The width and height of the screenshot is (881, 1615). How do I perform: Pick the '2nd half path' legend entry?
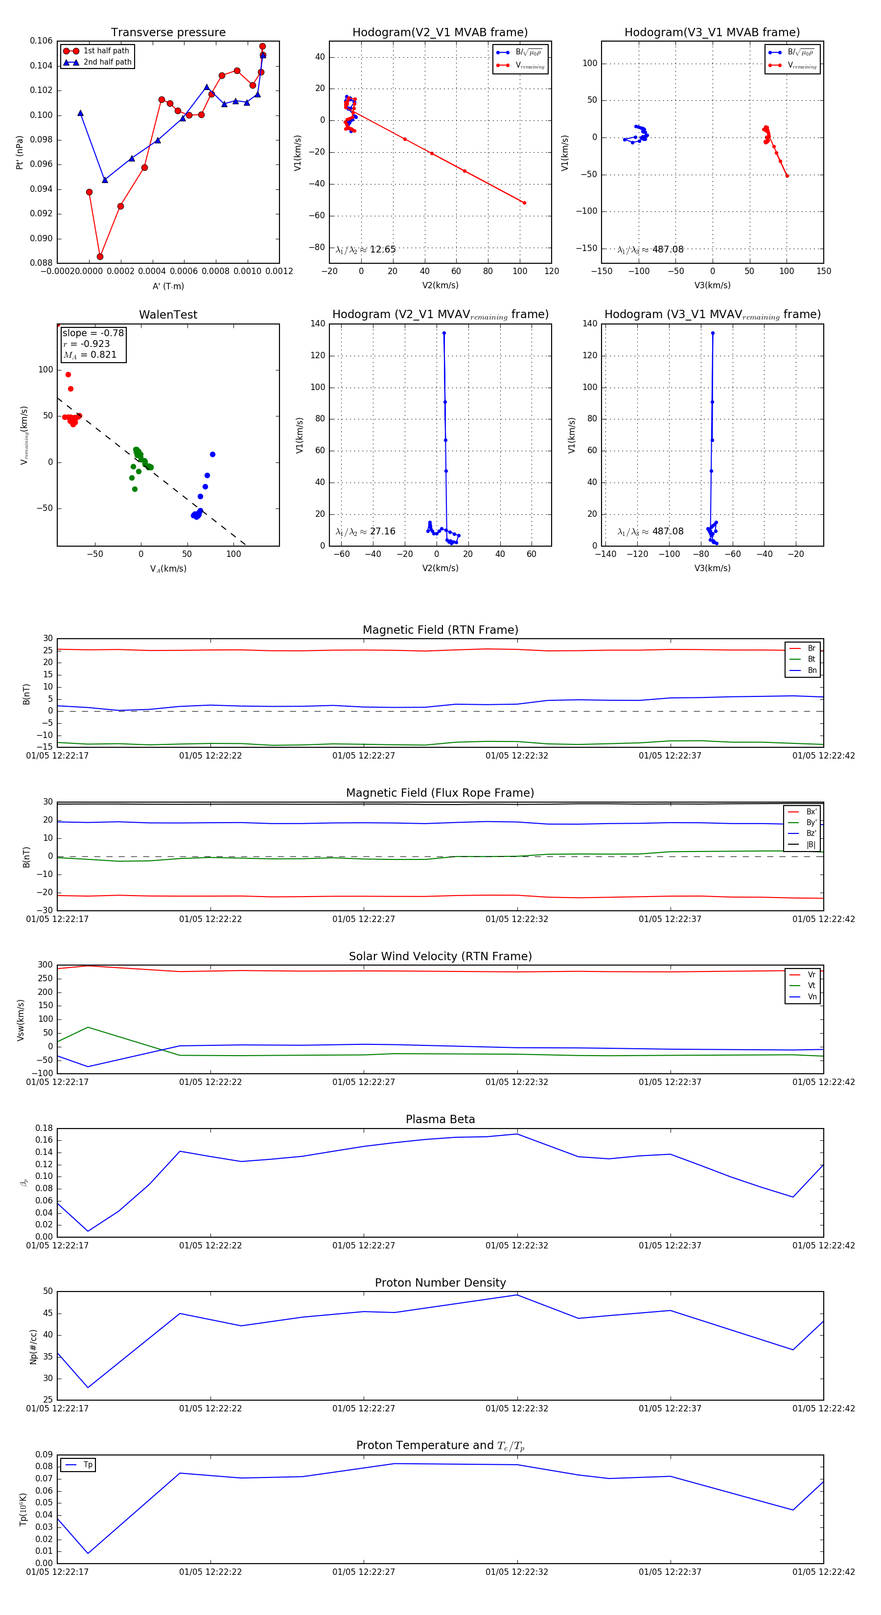point(107,62)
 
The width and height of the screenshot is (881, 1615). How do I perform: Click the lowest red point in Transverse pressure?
point(100,256)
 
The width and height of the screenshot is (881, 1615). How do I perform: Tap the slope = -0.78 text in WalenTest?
point(93,333)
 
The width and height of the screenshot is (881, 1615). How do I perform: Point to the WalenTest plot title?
point(168,315)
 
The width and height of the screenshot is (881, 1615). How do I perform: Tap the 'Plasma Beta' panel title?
point(440,1119)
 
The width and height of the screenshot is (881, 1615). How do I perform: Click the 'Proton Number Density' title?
point(440,1283)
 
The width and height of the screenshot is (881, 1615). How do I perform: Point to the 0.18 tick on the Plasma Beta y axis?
point(44,1128)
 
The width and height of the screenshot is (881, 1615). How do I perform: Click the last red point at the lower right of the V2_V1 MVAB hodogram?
point(524,203)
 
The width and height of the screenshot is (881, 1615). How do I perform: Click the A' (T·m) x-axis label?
point(168,286)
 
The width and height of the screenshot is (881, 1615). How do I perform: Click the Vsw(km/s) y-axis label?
point(21,1020)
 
